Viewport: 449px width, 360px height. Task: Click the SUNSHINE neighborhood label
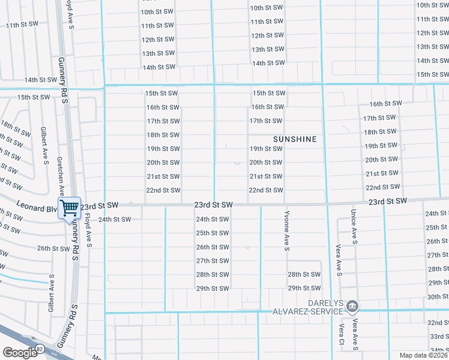pos(295,139)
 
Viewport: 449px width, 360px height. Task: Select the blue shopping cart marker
pos(70,208)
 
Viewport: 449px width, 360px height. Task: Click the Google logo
pos(20,353)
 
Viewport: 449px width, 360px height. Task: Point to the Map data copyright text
pos(424,355)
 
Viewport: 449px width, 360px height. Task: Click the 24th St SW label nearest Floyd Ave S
pos(115,220)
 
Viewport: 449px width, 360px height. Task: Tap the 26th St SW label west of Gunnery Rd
pos(53,248)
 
